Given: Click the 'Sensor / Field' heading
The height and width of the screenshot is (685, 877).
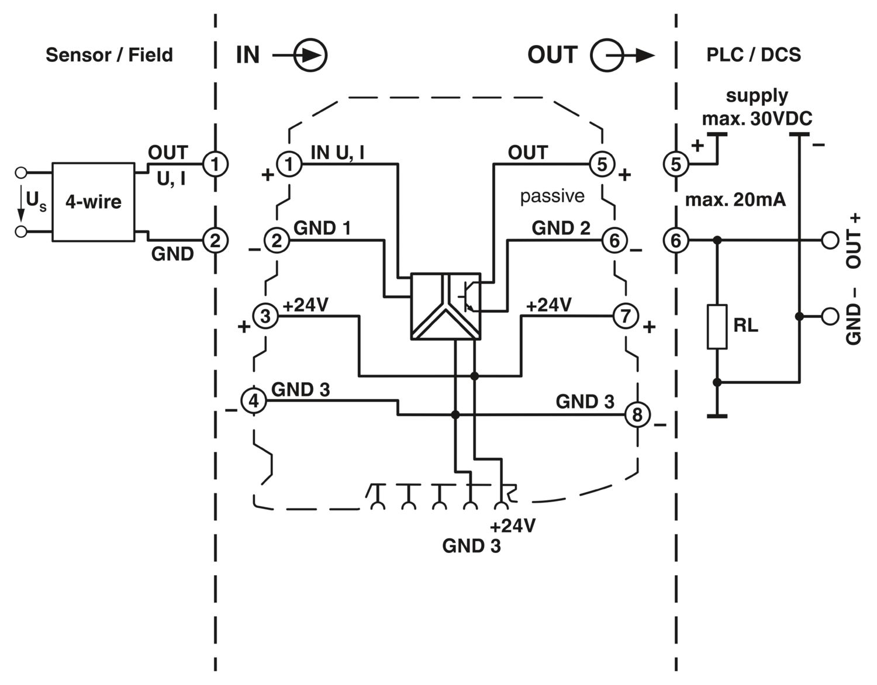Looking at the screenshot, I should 109,55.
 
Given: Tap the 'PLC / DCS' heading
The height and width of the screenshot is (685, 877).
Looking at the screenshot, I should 753,55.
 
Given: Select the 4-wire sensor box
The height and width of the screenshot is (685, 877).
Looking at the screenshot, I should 94,202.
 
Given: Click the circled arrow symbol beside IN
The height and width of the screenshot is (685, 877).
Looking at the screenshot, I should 310,56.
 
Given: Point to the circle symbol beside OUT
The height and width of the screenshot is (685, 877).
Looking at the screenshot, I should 606,56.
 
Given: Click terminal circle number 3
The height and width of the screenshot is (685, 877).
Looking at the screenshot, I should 265,316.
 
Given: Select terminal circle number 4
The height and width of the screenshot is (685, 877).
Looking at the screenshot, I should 254,401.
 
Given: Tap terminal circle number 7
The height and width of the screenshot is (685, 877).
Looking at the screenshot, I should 626,316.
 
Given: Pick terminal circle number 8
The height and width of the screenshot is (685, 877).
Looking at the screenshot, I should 637,414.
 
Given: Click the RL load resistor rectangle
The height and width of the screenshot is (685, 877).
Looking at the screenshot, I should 717,327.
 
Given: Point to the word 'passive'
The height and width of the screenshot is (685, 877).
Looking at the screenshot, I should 552,196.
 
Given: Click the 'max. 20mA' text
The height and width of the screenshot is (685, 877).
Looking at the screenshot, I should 735,200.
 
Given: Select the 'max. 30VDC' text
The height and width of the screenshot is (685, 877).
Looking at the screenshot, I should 757,119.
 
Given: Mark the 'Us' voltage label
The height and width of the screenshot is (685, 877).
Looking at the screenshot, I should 35,201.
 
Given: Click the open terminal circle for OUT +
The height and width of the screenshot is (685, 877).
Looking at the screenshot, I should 830,240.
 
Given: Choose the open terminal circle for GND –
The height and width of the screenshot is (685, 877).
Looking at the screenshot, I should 830,316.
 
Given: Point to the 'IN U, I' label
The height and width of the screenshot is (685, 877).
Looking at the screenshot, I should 338,153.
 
